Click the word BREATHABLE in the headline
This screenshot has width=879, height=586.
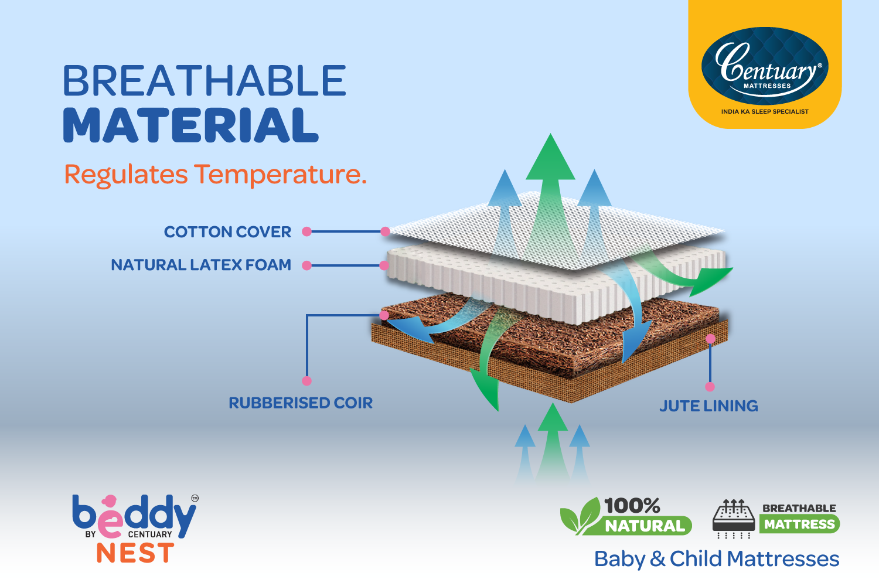(x=205, y=80)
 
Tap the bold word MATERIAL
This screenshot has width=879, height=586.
(x=190, y=125)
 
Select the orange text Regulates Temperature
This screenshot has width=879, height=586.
(x=216, y=175)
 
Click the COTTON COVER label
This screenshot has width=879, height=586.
(x=227, y=232)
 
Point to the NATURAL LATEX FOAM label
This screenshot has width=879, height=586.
(x=201, y=265)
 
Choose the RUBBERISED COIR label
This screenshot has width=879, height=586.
(x=301, y=403)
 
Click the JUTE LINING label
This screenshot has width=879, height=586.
(x=708, y=406)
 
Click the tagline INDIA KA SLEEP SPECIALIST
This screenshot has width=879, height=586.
(x=765, y=111)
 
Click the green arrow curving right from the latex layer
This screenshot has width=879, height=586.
(x=691, y=275)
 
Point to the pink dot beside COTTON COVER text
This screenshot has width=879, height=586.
(x=307, y=231)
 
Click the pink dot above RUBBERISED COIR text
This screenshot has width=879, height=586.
(x=307, y=381)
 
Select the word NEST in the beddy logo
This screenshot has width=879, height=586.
(x=135, y=553)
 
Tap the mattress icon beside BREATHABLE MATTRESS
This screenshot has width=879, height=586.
(x=734, y=519)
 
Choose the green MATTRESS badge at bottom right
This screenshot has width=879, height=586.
(x=799, y=524)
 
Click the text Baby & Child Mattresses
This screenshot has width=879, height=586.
(x=717, y=559)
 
